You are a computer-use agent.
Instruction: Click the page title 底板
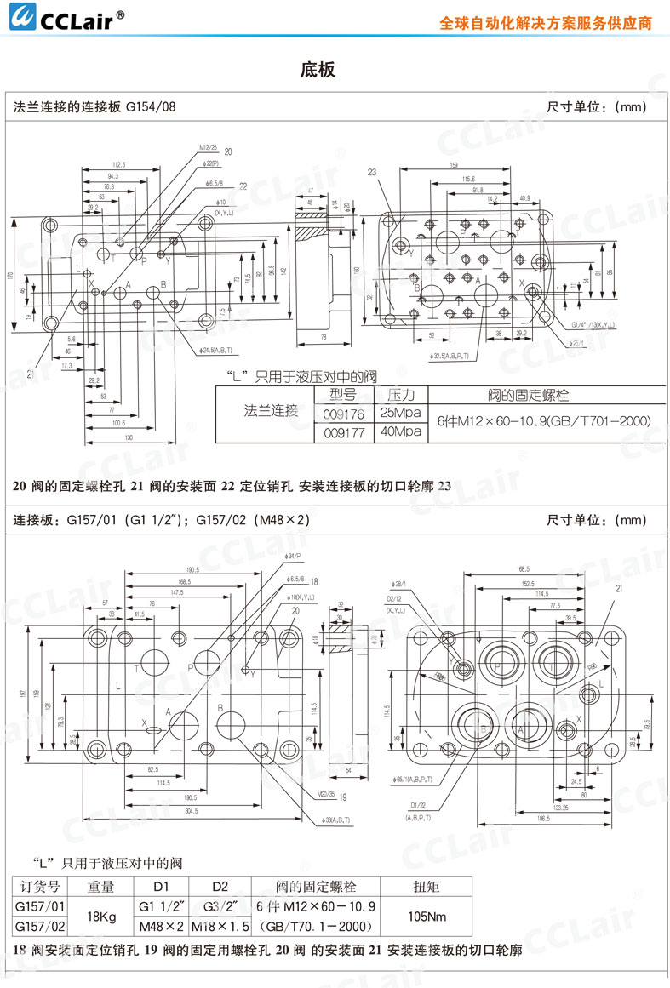318,70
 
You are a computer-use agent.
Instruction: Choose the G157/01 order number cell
40,906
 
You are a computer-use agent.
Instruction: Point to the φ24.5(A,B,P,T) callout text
213,351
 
